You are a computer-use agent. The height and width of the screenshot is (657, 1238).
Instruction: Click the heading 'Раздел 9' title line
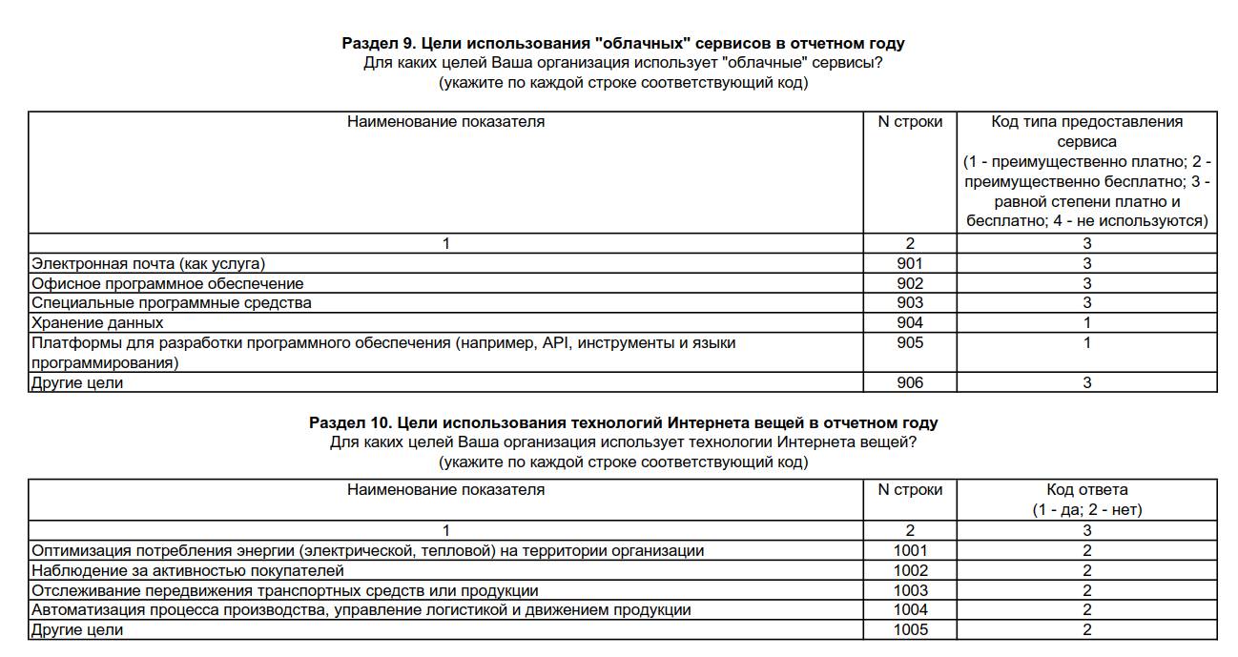[623, 43]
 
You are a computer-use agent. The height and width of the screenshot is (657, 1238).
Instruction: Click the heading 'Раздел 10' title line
[623, 422]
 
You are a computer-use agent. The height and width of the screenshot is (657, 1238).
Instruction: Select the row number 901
[910, 263]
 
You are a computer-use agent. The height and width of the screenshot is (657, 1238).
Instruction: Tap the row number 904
[910, 323]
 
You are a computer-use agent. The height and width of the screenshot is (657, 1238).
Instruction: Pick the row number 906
[910, 383]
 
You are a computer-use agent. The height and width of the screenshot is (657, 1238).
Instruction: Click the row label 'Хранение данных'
[97, 323]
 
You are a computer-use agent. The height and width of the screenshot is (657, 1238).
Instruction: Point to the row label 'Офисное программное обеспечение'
[168, 283]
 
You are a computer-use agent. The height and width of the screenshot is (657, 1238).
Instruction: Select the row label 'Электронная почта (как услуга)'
[149, 263]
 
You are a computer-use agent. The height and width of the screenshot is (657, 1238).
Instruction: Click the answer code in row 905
[1086, 342]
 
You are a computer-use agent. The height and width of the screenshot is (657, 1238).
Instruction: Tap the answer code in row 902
[1086, 283]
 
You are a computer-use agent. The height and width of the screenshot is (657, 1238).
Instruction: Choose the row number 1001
[910, 550]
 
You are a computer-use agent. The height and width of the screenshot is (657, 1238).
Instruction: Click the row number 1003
[910, 590]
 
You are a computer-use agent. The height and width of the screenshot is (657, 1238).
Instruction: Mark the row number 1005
[910, 630]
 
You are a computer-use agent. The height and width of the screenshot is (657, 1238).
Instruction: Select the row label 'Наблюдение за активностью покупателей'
[188, 570]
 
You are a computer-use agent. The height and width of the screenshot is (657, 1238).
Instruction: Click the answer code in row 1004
[1086, 610]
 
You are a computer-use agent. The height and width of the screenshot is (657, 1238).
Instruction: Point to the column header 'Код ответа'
[1086, 490]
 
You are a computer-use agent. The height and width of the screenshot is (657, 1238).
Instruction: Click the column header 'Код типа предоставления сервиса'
[1086, 132]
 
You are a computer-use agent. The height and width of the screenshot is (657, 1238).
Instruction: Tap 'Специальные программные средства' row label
[172, 303]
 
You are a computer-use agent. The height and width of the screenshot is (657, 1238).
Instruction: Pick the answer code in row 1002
[1086, 570]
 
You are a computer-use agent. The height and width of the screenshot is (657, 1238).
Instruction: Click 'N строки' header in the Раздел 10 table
[910, 490]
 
